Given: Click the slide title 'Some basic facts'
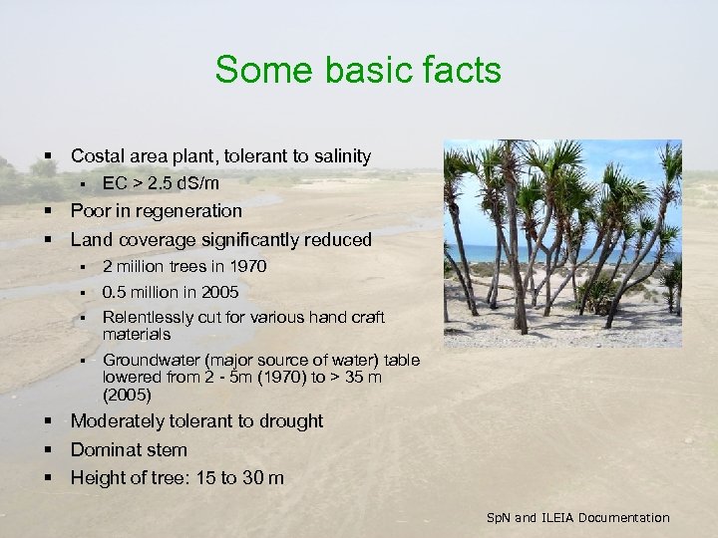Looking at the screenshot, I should [x=358, y=71].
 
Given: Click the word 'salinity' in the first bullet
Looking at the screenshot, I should [x=339, y=156].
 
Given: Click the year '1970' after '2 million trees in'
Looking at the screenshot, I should [x=247, y=267].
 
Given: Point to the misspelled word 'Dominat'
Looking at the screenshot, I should [x=104, y=449].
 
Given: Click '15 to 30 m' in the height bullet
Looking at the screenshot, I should [x=236, y=478].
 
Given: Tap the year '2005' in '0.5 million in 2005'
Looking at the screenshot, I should [x=218, y=292].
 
